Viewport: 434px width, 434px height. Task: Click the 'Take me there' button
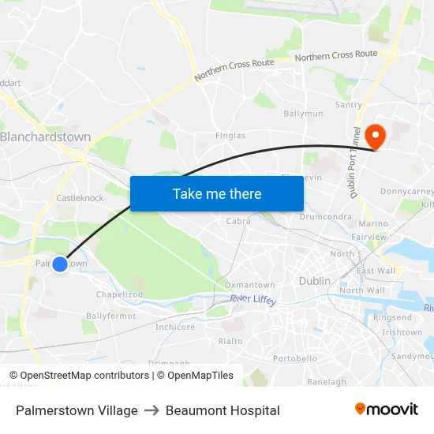(217, 193)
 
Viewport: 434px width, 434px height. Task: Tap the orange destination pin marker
(376, 137)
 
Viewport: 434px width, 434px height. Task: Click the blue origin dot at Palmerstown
(60, 264)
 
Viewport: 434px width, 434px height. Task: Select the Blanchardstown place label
(45, 137)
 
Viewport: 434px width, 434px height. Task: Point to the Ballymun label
(303, 114)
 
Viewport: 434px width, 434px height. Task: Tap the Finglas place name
(230, 136)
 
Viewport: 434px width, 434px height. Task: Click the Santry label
(349, 105)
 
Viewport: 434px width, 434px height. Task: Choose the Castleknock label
(80, 198)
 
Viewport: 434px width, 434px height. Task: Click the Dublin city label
(314, 280)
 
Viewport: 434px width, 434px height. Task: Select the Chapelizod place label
(118, 294)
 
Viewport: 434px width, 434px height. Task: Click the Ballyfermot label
(111, 316)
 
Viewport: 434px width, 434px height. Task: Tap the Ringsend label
(392, 318)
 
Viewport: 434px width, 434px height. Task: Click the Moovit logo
(386, 410)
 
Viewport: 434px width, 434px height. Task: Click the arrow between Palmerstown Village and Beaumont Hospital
(152, 410)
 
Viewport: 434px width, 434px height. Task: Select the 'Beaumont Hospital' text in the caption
(223, 410)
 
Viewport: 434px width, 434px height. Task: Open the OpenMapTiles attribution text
(193, 376)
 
